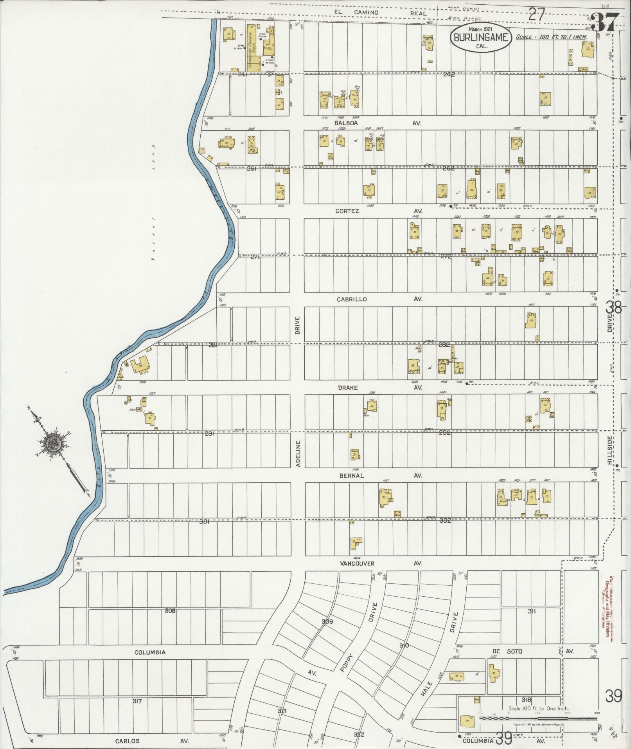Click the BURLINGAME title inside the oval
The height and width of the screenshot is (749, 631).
[x=481, y=38]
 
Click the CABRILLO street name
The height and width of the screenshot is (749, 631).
[x=352, y=299]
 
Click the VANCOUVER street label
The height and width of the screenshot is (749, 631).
[x=357, y=563]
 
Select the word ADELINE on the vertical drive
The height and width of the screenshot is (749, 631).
[x=298, y=454]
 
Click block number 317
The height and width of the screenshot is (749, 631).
[x=137, y=701]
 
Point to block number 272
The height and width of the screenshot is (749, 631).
[x=446, y=257]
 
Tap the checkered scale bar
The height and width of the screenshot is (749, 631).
[x=538, y=718]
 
